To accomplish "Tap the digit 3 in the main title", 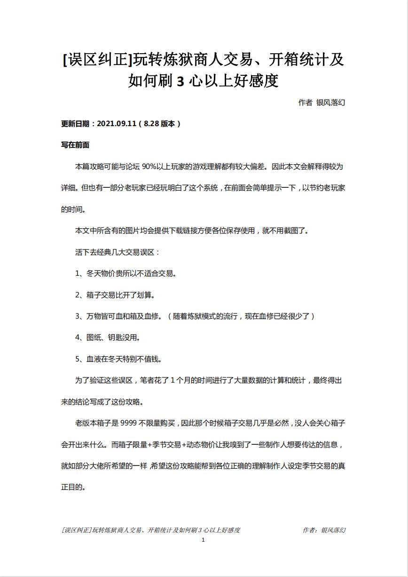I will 180,81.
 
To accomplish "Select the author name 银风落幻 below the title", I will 331,102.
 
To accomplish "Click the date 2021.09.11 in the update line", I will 117,124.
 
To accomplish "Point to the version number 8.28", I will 151,124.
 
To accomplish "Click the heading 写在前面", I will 75,145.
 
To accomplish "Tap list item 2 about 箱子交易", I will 115,295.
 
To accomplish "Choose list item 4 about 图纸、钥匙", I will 108,337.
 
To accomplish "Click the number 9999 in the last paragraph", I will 129,423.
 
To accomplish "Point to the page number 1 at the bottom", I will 203,540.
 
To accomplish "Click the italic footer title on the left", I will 150,530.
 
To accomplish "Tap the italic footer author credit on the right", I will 324,530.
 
